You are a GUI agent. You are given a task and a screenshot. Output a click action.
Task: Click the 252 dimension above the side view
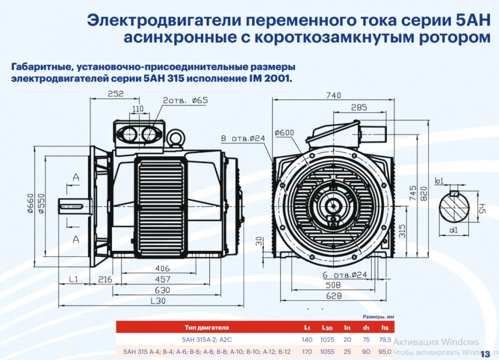click(x=115, y=94)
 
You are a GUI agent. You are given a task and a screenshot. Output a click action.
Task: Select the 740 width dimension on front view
click(x=333, y=95)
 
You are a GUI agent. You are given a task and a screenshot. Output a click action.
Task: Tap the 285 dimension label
click(x=359, y=107)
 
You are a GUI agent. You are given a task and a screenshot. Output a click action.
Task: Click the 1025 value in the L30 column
click(x=329, y=339)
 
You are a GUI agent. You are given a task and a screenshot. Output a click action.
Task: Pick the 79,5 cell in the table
click(x=385, y=339)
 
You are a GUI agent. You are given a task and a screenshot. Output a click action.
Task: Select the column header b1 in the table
click(x=348, y=328)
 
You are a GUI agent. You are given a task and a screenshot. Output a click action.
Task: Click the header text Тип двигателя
click(x=207, y=328)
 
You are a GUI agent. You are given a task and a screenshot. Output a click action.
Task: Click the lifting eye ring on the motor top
click(x=177, y=136)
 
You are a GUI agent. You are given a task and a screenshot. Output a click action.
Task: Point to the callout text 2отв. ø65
click(x=185, y=100)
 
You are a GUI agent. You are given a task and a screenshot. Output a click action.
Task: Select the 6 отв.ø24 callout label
click(x=344, y=275)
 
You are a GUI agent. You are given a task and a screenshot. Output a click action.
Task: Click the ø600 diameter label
click(x=284, y=133)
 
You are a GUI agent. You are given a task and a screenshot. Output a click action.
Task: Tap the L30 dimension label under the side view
click(x=158, y=301)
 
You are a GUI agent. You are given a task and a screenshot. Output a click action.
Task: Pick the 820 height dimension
click(x=425, y=192)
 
